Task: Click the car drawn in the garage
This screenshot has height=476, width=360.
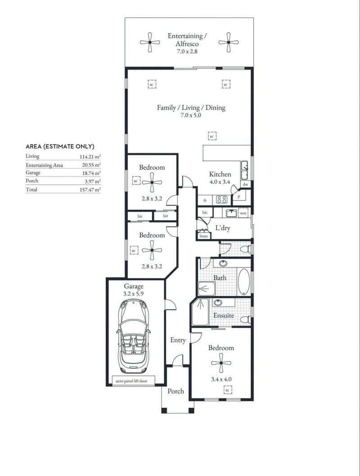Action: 134,336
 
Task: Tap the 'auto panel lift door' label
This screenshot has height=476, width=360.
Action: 132,381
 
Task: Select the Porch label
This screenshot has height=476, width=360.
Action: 175,391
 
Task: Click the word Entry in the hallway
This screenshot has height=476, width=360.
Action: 178,340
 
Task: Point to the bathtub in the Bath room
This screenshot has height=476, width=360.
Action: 244,282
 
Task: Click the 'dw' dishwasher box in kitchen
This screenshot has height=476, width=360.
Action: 245,184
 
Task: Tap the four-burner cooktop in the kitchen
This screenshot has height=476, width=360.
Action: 221,199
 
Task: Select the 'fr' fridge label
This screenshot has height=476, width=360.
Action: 205,200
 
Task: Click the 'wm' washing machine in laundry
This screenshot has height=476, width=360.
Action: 243,213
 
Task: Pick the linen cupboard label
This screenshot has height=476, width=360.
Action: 203,236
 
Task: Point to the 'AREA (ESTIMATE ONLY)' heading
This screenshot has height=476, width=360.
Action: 60,146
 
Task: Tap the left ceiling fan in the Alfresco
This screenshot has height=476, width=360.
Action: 150,42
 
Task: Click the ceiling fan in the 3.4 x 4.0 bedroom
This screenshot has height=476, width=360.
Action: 221,363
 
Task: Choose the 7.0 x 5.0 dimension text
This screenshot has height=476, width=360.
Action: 191,115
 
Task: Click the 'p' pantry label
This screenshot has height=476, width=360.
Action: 238,197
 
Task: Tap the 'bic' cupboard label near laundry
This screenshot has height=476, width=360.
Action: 205,213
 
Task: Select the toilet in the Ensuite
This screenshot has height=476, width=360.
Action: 245,319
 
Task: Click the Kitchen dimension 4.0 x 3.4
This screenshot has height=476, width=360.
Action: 220,182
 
